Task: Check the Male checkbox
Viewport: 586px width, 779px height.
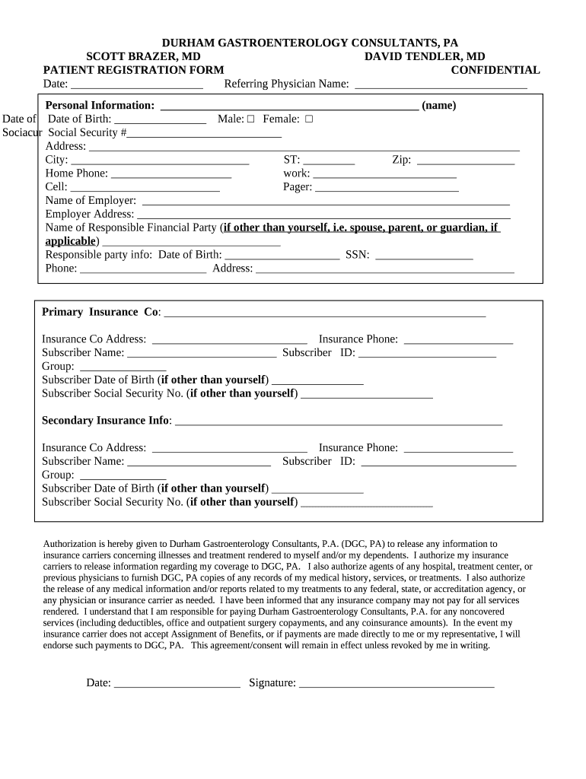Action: (250, 119)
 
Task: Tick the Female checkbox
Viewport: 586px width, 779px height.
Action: (309, 119)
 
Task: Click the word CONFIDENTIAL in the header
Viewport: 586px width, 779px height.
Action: (495, 70)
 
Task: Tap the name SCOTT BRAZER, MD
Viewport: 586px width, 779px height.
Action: (143, 56)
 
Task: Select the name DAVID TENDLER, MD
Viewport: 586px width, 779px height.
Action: (425, 56)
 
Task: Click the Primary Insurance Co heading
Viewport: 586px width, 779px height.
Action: (100, 312)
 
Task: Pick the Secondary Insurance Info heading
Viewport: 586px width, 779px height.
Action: (106, 420)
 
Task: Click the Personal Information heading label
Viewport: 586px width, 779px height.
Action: (100, 105)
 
